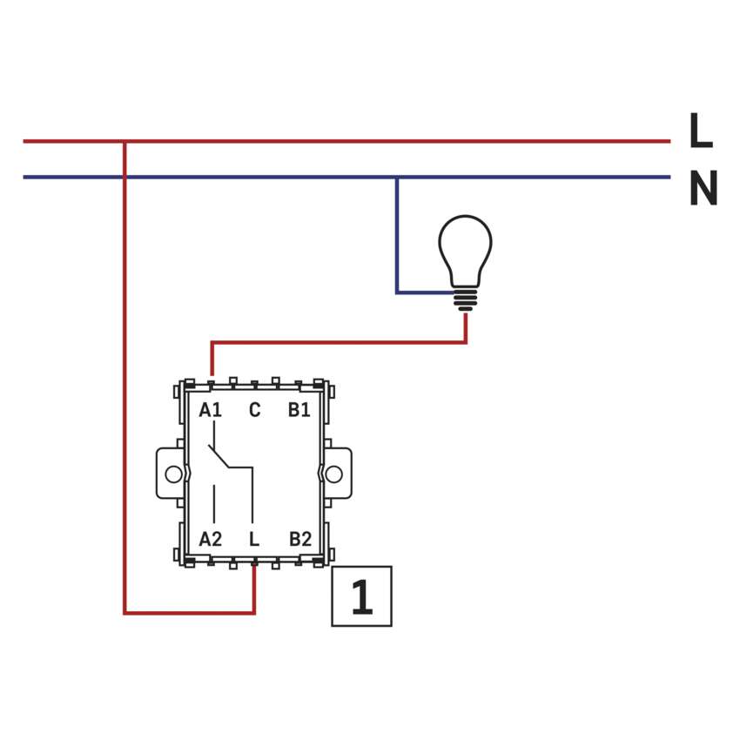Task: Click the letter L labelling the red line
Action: pos(700,131)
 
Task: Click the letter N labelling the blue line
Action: pos(703,188)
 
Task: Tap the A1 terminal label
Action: pos(211,410)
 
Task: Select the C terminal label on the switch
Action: pos(254,410)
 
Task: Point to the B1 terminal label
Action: pos(299,410)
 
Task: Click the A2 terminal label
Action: pos(211,539)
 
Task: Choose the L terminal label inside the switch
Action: pos(254,539)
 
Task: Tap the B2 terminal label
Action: pos(299,539)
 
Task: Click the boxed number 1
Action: pos(361,596)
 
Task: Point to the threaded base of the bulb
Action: pos(466,299)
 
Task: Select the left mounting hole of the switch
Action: pos(173,474)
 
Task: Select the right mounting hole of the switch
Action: pos(334,474)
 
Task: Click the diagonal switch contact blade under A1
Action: pos(219,454)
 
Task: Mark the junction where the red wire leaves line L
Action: pos(125,141)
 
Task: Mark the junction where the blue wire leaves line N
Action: pos(397,178)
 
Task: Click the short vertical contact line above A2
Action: pos(214,503)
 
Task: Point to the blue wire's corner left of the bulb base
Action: pos(398,293)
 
